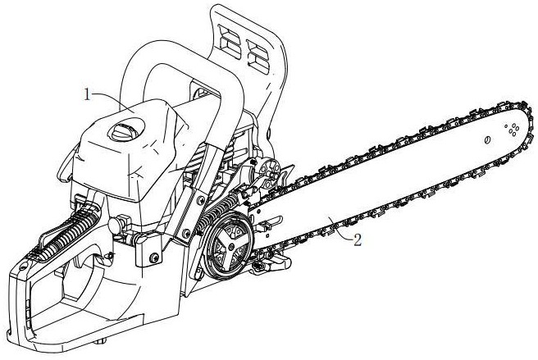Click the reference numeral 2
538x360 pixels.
[356, 240]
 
